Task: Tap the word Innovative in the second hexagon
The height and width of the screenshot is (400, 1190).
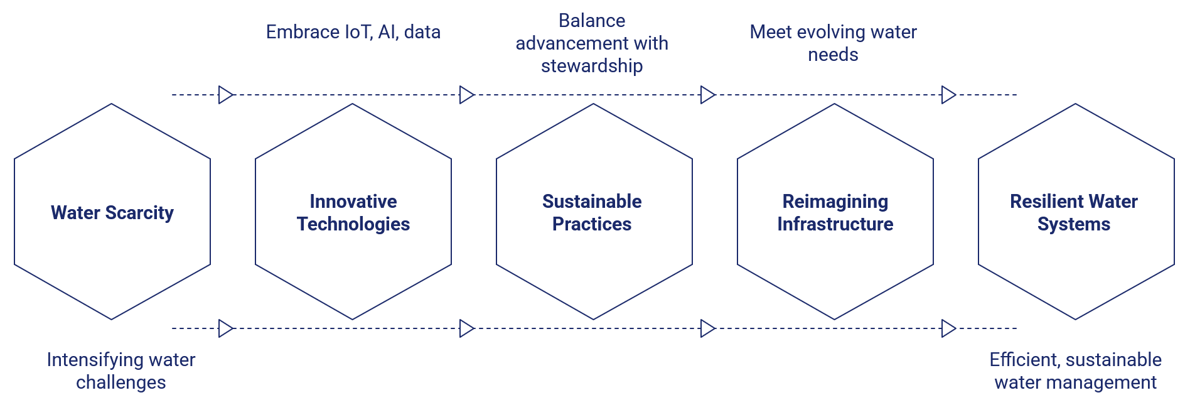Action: [x=353, y=202]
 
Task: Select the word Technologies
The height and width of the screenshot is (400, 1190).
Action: [x=353, y=224]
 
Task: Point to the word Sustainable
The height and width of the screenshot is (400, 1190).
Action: [x=592, y=202]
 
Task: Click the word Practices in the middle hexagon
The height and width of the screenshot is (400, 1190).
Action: [x=592, y=224]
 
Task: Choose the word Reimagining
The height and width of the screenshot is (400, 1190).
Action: [x=835, y=202]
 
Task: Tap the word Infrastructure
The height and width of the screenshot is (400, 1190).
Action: [x=835, y=224]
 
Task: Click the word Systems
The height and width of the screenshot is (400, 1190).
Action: [x=1074, y=224]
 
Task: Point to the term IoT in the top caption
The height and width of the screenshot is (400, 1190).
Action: [x=357, y=32]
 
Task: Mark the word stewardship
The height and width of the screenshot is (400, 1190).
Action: [x=592, y=66]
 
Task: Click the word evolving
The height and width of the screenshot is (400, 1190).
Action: [x=823, y=32]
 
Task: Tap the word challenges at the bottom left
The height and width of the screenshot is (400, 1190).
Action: [x=121, y=382]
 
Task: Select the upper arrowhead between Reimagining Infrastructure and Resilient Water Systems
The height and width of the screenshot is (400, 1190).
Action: [x=948, y=95]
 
